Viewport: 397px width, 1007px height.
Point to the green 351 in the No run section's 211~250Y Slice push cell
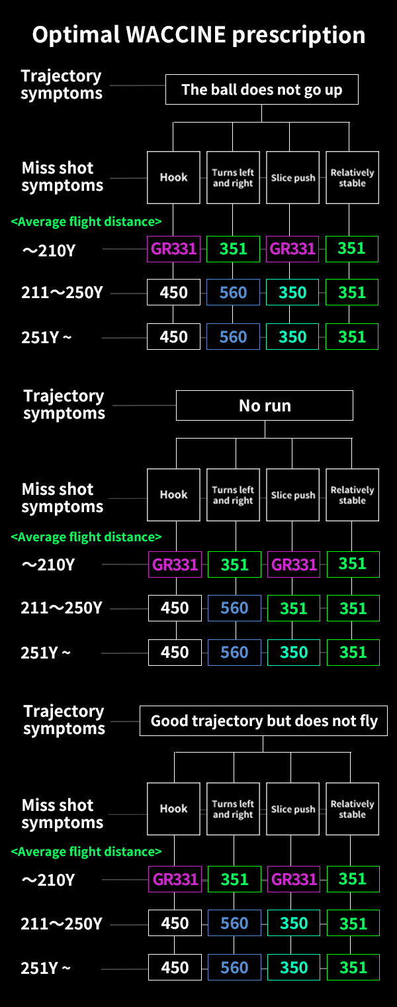(x=294, y=608)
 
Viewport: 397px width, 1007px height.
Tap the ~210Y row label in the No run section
(x=48, y=564)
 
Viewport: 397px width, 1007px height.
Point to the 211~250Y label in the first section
(x=62, y=293)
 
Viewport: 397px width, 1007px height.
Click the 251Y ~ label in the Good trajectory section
(x=46, y=968)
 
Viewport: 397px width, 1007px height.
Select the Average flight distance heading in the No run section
(x=86, y=537)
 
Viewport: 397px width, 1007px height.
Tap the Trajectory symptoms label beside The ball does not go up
(x=62, y=84)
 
